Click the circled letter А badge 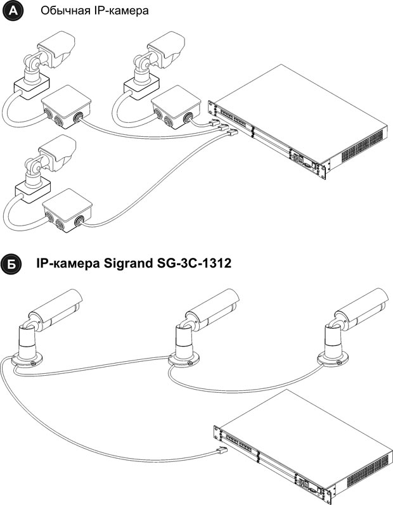pyautogui.click(x=13, y=11)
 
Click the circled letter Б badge pyautogui.click(x=11, y=264)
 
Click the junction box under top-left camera pyautogui.click(x=67, y=107)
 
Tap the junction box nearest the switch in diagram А pyautogui.click(x=176, y=107)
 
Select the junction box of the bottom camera pyautogui.click(x=67, y=210)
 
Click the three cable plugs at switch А pyautogui.click(x=223, y=127)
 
